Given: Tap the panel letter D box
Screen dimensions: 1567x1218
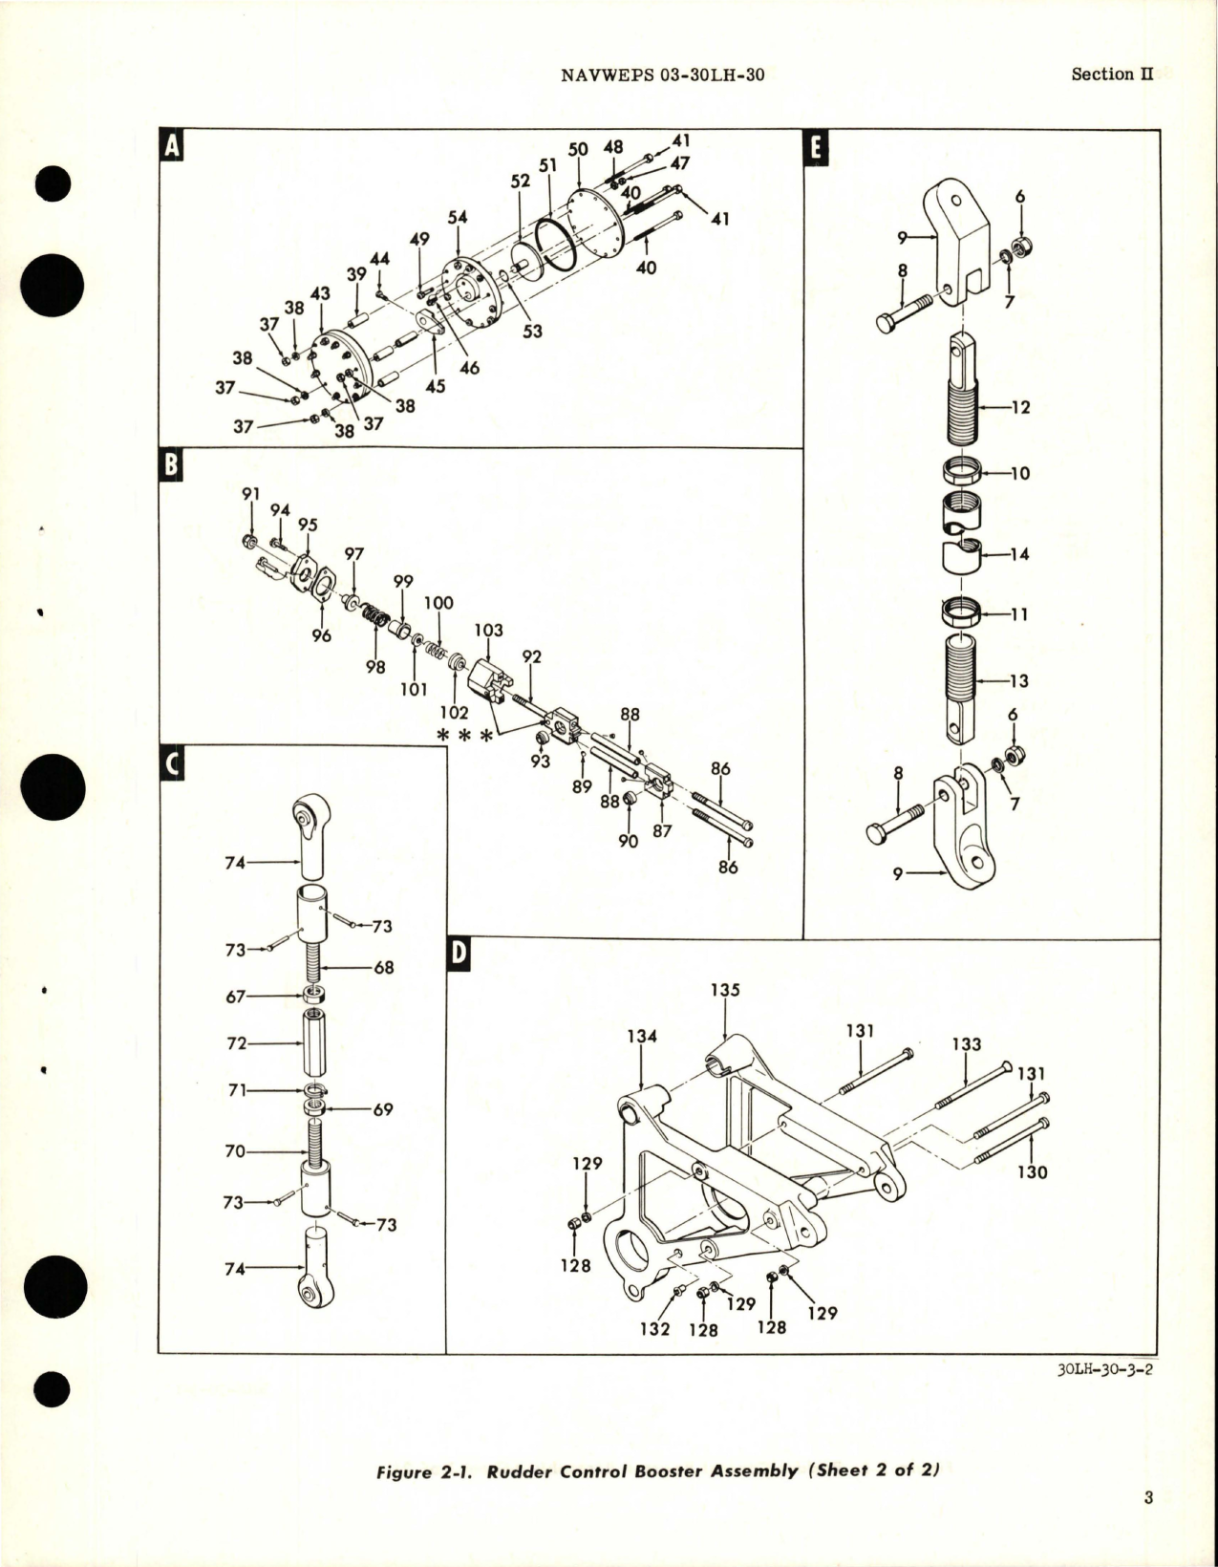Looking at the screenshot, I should [x=459, y=954].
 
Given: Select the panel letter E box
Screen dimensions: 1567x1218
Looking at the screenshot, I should [x=817, y=146].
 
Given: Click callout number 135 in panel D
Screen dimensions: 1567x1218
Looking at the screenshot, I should [x=725, y=990].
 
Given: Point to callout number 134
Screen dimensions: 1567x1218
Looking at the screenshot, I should [x=642, y=1036].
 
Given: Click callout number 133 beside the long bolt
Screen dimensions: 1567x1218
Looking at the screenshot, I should [x=966, y=1044].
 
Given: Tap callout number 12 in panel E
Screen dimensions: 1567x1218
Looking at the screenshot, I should [x=1019, y=407].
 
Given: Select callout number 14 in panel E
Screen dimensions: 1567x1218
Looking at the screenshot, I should [x=1019, y=553].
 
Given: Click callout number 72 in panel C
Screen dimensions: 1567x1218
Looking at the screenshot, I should [x=236, y=1043].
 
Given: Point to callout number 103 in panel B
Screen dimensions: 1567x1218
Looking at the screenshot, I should [x=488, y=631].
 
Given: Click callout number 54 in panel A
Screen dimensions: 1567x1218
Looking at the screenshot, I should [x=458, y=217].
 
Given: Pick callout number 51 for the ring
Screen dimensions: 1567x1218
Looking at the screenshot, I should [x=546, y=165].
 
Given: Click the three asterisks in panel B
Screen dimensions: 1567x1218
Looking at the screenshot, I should [x=466, y=736].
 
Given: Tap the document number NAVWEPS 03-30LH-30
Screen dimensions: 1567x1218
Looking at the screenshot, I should [x=660, y=75].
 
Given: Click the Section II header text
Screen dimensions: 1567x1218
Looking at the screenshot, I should [x=1112, y=75].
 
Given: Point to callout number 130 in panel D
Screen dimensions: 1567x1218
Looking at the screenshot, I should [x=1033, y=1171].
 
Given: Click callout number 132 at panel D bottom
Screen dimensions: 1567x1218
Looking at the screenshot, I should [x=654, y=1329].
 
